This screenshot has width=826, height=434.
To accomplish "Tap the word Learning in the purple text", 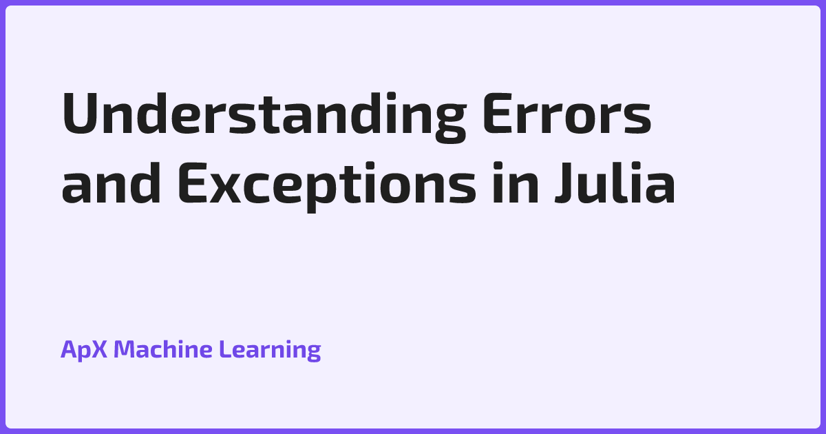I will click(x=270, y=350).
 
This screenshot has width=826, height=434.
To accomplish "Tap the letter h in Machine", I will click(x=175, y=350).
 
